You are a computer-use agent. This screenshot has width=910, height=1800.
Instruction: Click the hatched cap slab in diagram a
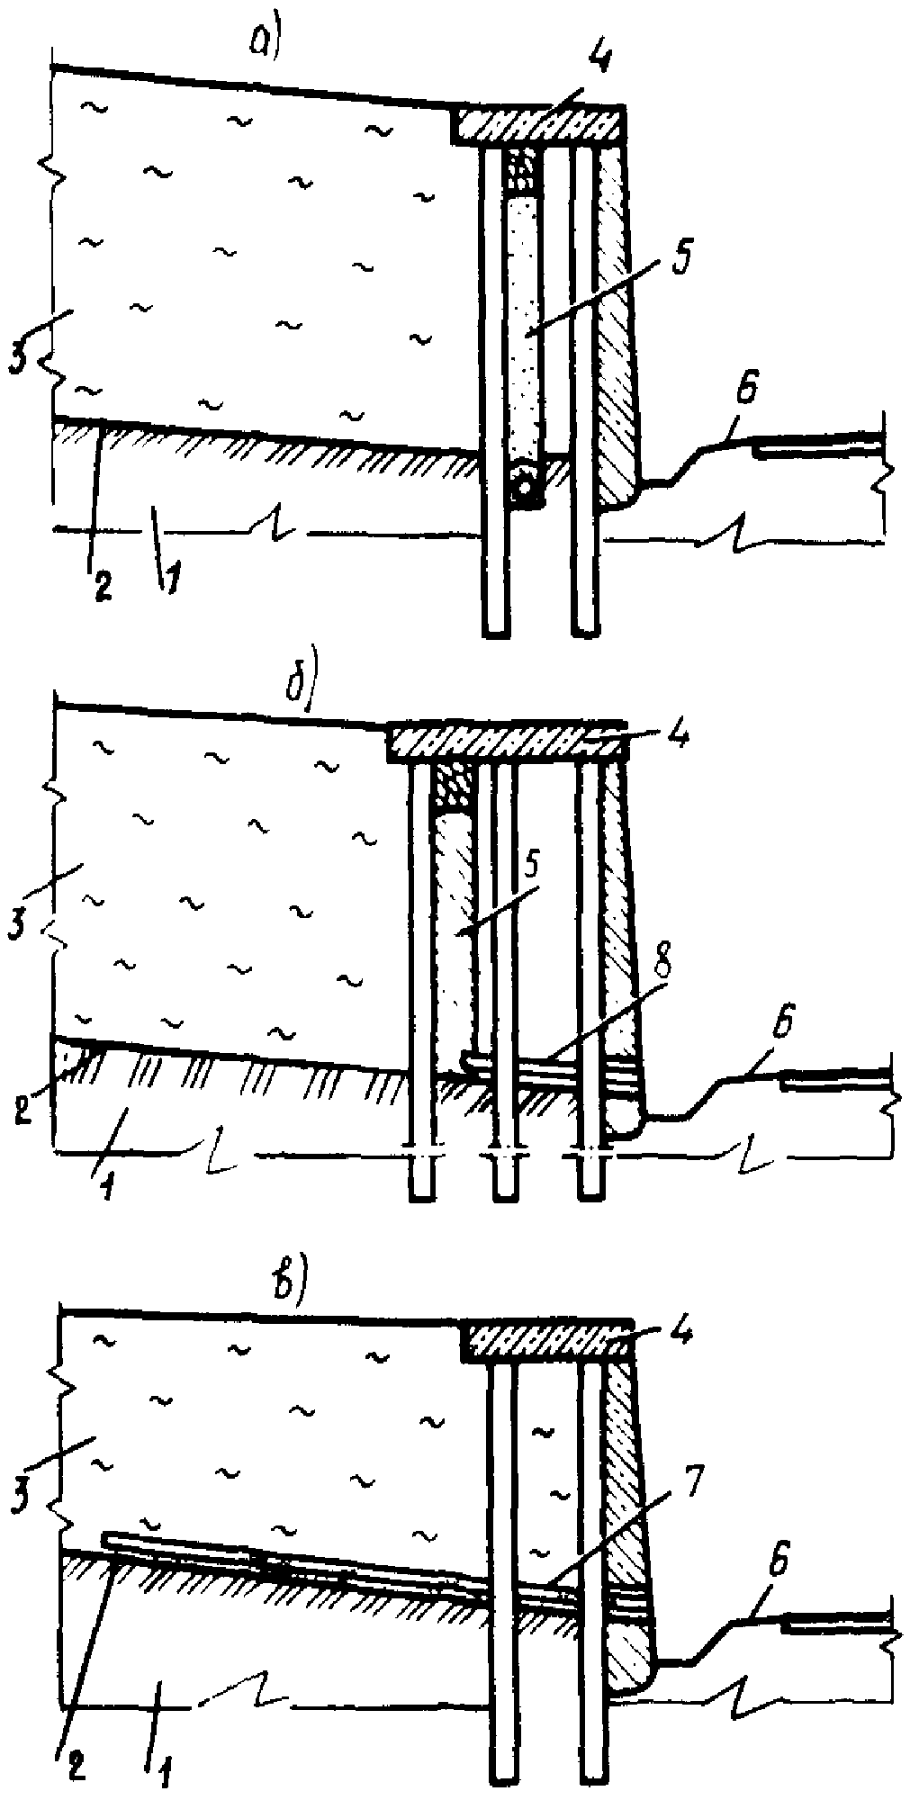click(537, 123)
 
